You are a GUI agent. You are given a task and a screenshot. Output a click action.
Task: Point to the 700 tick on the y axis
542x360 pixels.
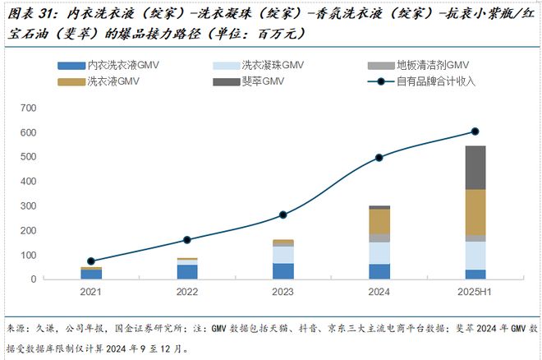pyautogui.click(x=28, y=108)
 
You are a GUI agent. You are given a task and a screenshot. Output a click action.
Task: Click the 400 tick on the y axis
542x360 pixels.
pyautogui.click(x=28, y=182)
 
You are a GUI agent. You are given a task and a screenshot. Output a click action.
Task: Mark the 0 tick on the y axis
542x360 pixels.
pyautogui.click(x=34, y=279)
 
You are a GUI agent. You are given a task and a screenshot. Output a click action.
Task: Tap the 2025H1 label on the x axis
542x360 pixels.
pyautogui.click(x=475, y=292)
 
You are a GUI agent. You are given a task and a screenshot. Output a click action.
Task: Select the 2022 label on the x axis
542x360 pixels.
pyautogui.click(x=187, y=292)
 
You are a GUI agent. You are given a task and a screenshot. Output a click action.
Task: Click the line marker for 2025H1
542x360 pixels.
pyautogui.click(x=475, y=132)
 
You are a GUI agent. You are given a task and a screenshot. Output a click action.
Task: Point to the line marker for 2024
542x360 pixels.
pyautogui.click(x=379, y=158)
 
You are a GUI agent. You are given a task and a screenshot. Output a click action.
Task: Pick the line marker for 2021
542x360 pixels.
pyautogui.click(x=91, y=261)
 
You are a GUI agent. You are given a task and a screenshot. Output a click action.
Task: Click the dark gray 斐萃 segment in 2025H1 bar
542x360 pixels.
pyautogui.click(x=475, y=168)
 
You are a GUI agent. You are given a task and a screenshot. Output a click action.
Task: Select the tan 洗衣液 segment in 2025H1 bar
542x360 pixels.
pyautogui.click(x=475, y=212)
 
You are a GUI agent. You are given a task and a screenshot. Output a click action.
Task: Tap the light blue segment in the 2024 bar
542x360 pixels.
pyautogui.click(x=379, y=253)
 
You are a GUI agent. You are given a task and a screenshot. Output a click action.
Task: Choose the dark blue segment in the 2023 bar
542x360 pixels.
pyautogui.click(x=283, y=271)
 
